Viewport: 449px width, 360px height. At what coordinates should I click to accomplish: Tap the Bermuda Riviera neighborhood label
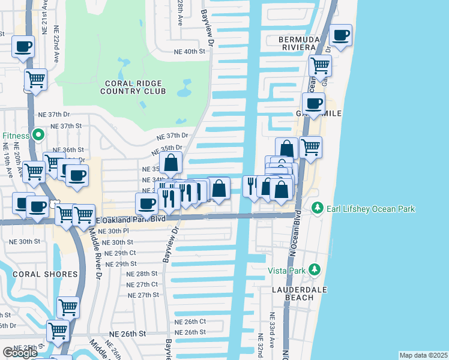click(x=289, y=43)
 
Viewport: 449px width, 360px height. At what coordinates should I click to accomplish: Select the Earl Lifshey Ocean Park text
click(x=370, y=209)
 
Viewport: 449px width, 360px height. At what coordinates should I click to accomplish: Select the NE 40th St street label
click(x=189, y=52)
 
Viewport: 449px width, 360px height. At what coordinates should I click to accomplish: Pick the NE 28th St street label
click(x=142, y=274)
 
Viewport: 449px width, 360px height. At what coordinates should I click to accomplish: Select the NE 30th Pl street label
click(x=113, y=231)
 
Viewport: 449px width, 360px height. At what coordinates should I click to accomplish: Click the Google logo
click(x=20, y=353)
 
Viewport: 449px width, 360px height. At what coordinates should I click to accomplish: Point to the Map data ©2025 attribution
click(x=423, y=355)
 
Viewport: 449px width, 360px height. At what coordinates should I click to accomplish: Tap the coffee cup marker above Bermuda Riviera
click(x=340, y=35)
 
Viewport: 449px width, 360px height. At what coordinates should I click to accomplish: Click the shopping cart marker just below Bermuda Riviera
click(x=320, y=65)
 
